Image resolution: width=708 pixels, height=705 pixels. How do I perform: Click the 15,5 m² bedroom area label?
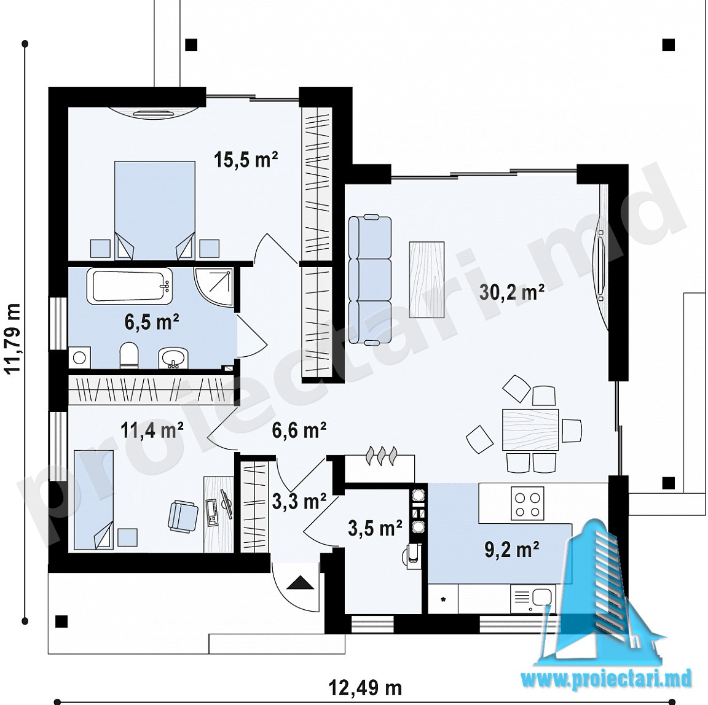click(x=246, y=160)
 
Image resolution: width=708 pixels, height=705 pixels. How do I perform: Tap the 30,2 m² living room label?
click(x=511, y=292)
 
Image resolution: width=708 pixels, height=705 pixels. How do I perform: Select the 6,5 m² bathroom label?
click(x=152, y=322)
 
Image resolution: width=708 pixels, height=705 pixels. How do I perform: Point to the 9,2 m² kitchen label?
click(x=511, y=550)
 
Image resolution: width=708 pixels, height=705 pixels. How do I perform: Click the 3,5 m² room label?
click(x=375, y=528)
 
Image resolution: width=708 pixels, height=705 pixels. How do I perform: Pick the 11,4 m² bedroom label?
click(x=152, y=430)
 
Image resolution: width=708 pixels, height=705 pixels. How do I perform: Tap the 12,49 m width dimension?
click(x=365, y=688)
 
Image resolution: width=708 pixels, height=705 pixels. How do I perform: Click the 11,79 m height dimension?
click(x=12, y=337)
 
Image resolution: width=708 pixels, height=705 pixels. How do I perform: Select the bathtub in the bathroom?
click(x=129, y=286)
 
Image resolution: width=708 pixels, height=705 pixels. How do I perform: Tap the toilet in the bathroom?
click(x=129, y=356)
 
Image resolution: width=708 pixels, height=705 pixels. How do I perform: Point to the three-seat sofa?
click(x=369, y=279)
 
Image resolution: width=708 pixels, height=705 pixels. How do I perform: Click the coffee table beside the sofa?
click(x=427, y=279)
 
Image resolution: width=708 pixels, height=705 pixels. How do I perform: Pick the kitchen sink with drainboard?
click(x=533, y=598)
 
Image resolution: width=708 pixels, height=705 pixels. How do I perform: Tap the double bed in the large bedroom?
click(x=155, y=211)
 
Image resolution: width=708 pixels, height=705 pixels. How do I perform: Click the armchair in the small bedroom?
click(x=183, y=515)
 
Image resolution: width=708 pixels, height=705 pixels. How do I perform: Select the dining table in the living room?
click(x=530, y=429)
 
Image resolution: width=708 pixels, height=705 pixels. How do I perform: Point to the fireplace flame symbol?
click(x=382, y=455)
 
